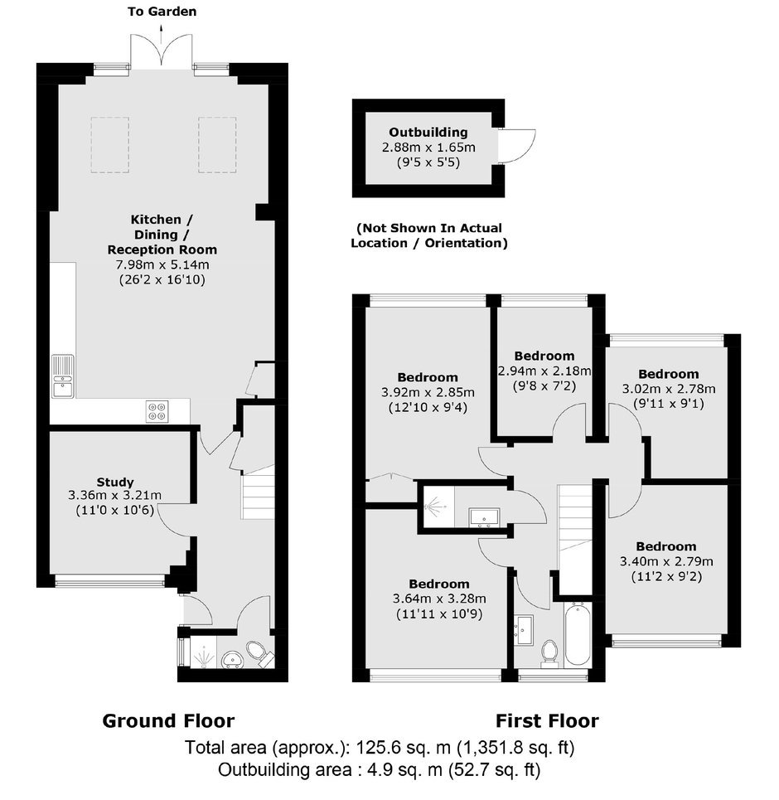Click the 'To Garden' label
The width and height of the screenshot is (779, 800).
[x=162, y=12]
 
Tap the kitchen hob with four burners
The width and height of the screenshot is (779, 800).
[x=157, y=411]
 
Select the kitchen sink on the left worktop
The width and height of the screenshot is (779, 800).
[x=63, y=376]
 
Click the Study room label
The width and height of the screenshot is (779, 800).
[x=115, y=482]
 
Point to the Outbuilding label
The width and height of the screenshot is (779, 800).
[x=428, y=132]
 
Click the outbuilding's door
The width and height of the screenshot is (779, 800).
[x=517, y=146]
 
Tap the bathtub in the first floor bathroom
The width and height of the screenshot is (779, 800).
[x=578, y=634]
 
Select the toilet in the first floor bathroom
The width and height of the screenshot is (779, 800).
[x=549, y=653]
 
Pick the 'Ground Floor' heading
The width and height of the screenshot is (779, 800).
[x=168, y=721]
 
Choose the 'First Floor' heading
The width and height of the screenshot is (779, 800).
[x=548, y=721]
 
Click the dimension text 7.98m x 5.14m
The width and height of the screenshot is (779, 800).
[x=162, y=264]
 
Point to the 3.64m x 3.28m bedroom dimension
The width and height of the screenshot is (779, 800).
[x=439, y=599]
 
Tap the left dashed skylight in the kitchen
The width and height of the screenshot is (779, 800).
[x=110, y=145]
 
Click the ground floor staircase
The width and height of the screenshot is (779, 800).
[x=258, y=492]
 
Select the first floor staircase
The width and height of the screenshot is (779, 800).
[x=575, y=540]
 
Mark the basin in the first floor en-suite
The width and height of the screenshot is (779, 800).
[x=485, y=516]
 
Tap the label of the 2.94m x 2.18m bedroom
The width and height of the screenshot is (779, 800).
[x=544, y=356]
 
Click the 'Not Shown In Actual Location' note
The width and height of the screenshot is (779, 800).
[x=429, y=235]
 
